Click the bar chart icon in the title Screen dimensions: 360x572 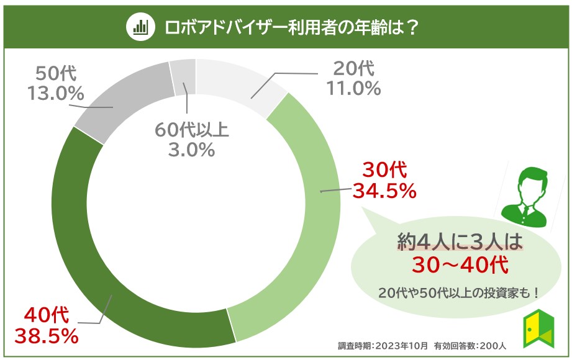click(140, 26)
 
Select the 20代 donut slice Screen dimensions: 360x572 click(238, 84)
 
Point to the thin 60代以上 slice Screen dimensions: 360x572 click(183, 77)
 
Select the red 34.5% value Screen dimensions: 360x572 click(384, 192)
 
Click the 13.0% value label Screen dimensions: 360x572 click(56, 93)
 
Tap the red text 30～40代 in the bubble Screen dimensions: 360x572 click(460, 265)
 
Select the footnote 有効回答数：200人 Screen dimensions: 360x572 click(470, 346)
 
